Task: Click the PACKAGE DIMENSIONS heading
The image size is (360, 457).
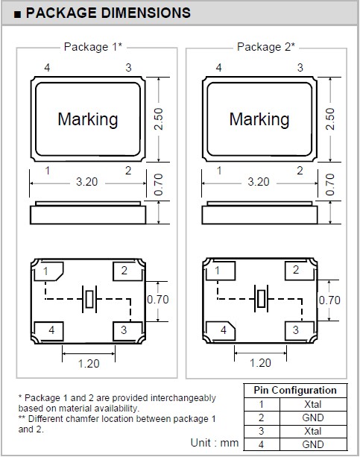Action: coord(108,13)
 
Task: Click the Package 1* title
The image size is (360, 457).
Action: coord(93,47)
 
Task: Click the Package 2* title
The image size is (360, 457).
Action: coord(266,47)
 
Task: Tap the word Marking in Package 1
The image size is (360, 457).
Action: coord(88,119)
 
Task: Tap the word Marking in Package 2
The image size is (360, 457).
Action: coord(259,119)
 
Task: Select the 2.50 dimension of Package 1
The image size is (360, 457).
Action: coord(159,119)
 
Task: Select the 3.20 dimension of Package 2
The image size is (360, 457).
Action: coord(259,182)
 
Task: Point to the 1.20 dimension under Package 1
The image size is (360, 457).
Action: coord(89,364)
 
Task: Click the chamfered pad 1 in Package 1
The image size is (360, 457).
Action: coord(48,271)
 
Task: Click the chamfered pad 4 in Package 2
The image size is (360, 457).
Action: coord(221,330)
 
